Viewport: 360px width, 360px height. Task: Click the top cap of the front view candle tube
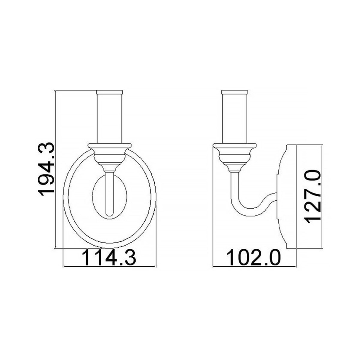[109, 92]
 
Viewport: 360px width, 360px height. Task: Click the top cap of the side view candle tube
[235, 92]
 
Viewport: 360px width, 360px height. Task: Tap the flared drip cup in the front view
[109, 147]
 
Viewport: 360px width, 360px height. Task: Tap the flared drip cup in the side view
[235, 148]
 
